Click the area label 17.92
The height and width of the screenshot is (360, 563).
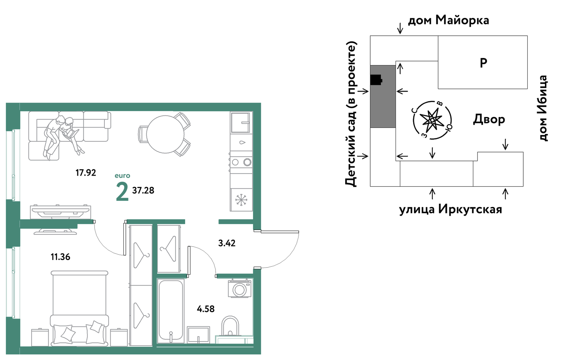[86, 173]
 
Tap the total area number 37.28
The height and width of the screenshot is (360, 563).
[143, 190]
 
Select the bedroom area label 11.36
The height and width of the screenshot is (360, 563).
[60, 257]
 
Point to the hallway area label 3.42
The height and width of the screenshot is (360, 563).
[227, 243]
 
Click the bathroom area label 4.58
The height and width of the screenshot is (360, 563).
[205, 309]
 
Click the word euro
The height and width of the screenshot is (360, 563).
[122, 176]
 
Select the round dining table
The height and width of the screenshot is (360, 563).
[165, 134]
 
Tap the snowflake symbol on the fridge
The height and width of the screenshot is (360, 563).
[241, 200]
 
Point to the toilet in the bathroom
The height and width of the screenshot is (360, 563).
[230, 326]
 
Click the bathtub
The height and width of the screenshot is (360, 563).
[171, 312]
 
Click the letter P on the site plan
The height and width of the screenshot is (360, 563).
[483, 63]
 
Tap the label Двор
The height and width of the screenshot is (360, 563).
[489, 119]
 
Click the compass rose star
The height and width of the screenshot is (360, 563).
[432, 120]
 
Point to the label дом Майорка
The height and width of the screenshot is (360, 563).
[448, 20]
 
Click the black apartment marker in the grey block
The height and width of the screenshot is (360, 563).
[376, 80]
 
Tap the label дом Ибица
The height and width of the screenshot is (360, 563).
[543, 108]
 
